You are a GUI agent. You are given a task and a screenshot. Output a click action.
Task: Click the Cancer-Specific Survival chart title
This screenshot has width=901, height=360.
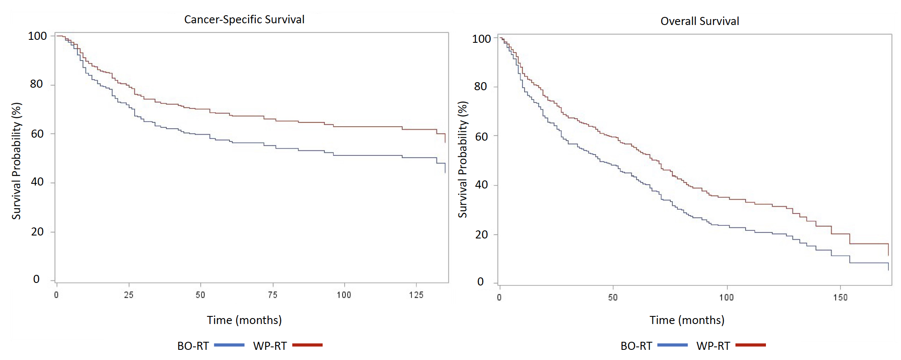pos(244,19)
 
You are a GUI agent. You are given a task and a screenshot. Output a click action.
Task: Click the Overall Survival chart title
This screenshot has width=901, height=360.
pos(699,21)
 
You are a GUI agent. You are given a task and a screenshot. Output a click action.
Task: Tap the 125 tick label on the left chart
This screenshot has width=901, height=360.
pos(416,295)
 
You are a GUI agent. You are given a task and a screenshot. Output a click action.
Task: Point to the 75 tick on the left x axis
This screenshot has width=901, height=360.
pos(273,295)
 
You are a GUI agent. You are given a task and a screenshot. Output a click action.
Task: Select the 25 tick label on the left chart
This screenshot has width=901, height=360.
pos(129,295)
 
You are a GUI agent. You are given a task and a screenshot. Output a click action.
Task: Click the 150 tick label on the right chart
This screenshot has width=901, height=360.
pos(840,297)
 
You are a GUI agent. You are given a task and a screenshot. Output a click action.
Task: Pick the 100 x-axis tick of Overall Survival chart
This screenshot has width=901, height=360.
pos(727,297)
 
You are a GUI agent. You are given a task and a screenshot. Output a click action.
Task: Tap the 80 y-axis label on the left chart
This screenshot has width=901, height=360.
pos(36,84)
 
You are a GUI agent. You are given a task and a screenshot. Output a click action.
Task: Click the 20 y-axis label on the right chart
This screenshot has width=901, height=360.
pos(481,235)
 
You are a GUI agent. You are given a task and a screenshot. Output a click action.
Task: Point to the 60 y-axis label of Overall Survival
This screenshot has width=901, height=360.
pos(481,136)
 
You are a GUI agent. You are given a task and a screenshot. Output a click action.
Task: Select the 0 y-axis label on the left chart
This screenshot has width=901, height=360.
pos(36,279)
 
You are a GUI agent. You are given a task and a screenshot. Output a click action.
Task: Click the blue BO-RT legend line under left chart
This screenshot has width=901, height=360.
pos(229,345)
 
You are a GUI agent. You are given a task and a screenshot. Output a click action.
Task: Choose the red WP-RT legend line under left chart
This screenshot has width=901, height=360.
pos(307,345)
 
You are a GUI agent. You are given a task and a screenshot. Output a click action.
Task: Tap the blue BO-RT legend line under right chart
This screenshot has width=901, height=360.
pos(672,345)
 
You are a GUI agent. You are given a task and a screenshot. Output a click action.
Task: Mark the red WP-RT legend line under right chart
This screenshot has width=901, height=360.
pos(751,345)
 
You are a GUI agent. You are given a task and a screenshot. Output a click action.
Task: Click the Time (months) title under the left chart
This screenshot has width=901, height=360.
pos(244,320)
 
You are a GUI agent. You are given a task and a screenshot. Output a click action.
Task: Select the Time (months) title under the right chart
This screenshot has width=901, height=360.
pos(687,320)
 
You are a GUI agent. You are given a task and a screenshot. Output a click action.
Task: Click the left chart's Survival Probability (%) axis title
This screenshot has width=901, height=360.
pos(17,161)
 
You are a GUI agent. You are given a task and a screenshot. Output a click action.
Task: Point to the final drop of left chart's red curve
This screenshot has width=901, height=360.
pos(445,138)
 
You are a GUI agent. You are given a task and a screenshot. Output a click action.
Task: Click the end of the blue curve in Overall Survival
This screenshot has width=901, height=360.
pos(888,269)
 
